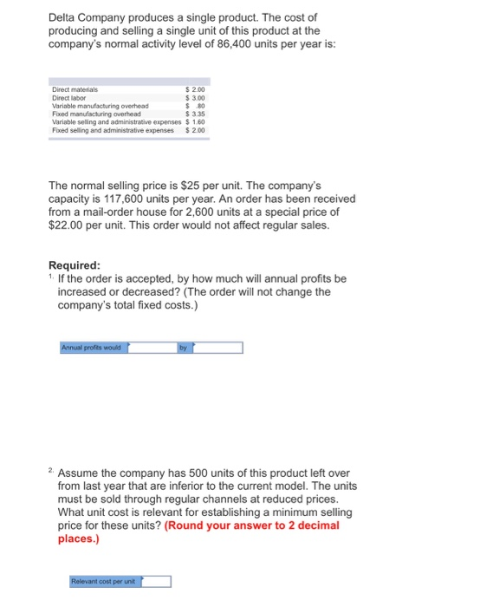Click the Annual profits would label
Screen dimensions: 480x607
point(93,348)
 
